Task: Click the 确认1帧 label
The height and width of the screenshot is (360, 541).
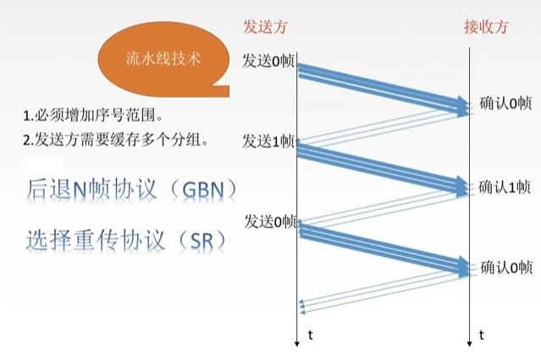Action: pos(505,186)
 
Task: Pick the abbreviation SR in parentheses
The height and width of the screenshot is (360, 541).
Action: pos(201,240)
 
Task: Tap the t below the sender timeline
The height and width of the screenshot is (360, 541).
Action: pos(311,335)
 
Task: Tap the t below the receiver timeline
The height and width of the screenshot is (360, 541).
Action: pos(482,335)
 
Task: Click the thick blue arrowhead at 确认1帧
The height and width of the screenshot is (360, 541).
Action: pos(462,186)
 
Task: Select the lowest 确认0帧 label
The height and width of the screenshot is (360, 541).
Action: pos(505,267)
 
